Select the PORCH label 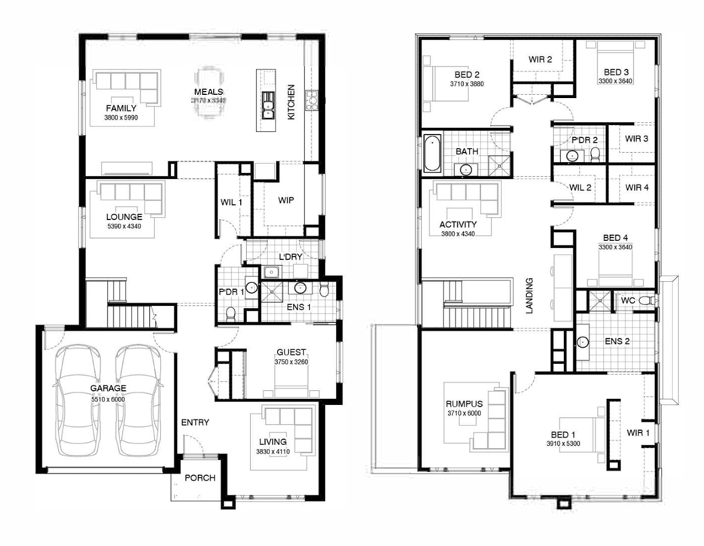pyautogui.click(x=200, y=478)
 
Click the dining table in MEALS pyautogui.click(x=208, y=91)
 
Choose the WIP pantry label pyautogui.click(x=285, y=201)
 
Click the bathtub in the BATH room pyautogui.click(x=432, y=154)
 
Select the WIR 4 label pyautogui.click(x=636, y=188)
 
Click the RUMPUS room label pyautogui.click(x=463, y=404)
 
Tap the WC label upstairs pyautogui.click(x=629, y=300)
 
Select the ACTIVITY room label pyautogui.click(x=458, y=224)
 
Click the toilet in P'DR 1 pyautogui.click(x=232, y=313)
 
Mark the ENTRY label pyautogui.click(x=195, y=422)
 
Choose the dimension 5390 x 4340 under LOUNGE pyautogui.click(x=123, y=226)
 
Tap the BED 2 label pyautogui.click(x=467, y=75)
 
